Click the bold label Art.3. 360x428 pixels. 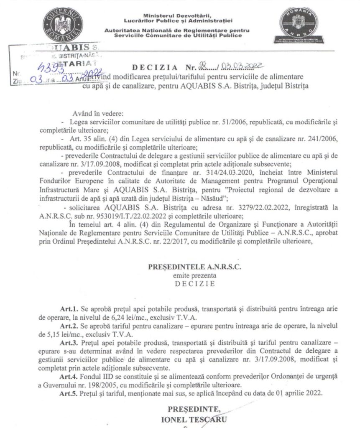pyautogui.click(x=68, y=342)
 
